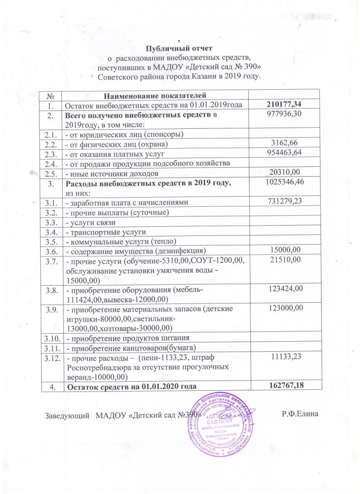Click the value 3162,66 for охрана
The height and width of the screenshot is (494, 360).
(285, 143)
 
